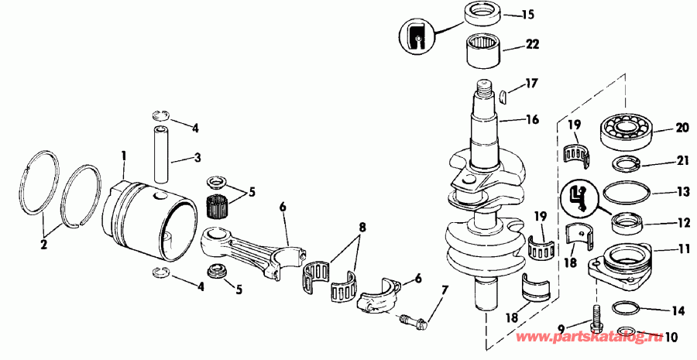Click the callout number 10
pyautogui.click(x=668, y=338)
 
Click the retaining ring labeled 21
pyautogui.click(x=625, y=163)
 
